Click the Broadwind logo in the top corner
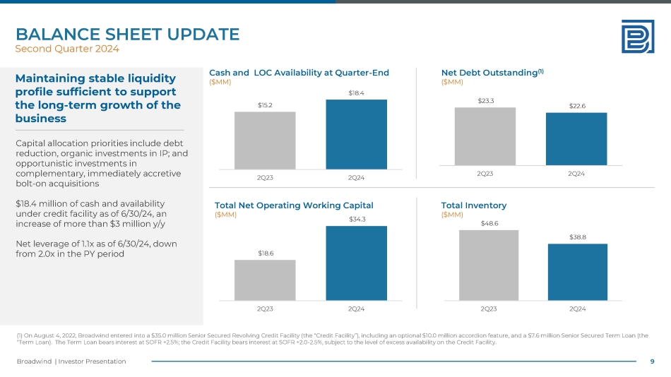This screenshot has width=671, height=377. coord(637,36)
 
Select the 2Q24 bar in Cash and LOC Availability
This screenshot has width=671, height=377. coord(356,134)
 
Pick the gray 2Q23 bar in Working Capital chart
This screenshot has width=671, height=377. coord(265,280)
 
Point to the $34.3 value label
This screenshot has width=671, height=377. coord(356,220)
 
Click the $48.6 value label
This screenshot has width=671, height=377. coord(488,223)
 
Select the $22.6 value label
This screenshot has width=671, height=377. coord(577,106)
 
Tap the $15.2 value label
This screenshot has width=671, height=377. coord(265,104)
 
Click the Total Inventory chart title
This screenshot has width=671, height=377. coord(473,205)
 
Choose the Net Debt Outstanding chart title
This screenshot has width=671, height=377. coord(492,72)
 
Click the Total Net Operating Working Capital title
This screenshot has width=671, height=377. coord(294,205)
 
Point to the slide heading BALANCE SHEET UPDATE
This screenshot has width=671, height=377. coord(127,34)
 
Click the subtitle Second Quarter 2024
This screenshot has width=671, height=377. coord(67,49)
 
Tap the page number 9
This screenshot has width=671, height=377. coord(652,361)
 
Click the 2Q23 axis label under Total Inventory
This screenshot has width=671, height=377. coord(488,309)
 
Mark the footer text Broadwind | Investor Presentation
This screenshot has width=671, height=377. coord(71,361)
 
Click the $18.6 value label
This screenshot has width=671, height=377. coord(265,253)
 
